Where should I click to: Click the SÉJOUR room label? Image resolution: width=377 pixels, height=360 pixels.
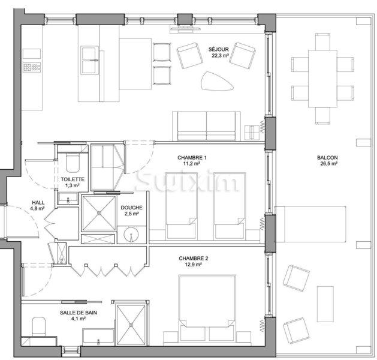(219, 50)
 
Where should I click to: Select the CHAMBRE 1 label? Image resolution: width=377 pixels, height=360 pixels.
(192, 158)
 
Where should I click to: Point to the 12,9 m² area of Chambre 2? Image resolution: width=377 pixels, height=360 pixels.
(194, 265)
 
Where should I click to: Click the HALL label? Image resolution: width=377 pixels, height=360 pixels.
(38, 203)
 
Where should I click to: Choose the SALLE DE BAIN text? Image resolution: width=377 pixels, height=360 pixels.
(79, 313)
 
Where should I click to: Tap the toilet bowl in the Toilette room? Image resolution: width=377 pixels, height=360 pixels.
(73, 164)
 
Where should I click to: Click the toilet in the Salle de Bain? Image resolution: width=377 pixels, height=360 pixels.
(39, 326)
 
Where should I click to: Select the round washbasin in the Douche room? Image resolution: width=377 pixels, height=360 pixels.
(131, 235)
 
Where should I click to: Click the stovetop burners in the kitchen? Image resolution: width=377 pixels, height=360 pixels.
(32, 67)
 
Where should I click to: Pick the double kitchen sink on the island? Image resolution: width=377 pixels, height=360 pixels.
(90, 61)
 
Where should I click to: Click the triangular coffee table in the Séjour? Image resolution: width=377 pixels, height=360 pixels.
(217, 81)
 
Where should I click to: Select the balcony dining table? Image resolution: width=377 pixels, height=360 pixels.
(322, 79)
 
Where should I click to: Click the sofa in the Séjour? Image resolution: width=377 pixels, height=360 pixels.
(207, 126)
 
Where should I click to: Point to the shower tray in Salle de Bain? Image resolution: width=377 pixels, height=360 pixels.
(131, 325)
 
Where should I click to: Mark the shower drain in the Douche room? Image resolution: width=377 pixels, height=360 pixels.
(99, 213)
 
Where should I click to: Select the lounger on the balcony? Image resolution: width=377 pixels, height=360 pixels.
(310, 224)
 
